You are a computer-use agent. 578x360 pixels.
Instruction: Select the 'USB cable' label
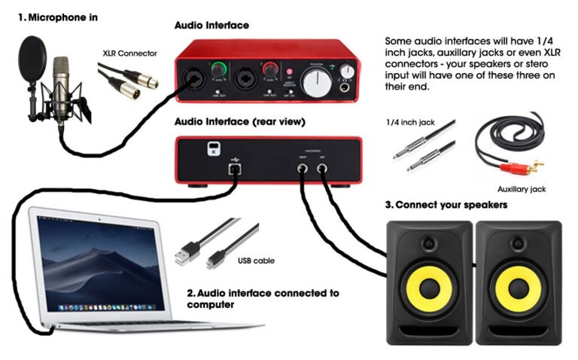tap(256, 261)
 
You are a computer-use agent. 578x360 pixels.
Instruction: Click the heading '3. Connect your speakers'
tap(446, 205)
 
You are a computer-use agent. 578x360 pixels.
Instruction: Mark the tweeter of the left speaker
tap(429, 243)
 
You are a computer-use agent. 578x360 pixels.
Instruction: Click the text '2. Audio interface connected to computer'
tap(262, 299)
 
